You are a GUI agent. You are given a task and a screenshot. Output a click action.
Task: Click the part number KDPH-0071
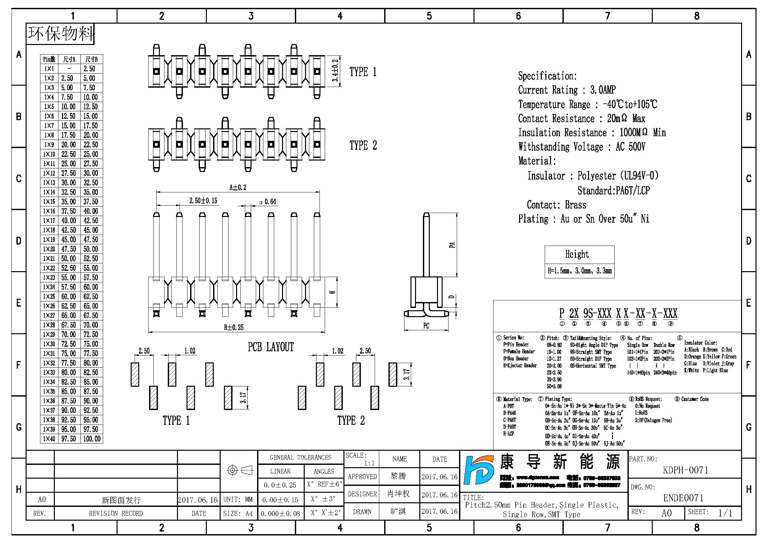(685, 470)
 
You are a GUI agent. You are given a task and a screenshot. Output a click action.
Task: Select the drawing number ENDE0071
(683, 498)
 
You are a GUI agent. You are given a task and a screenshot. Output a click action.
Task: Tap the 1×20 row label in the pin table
(49, 249)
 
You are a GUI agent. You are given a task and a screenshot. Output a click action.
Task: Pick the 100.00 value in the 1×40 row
(92, 439)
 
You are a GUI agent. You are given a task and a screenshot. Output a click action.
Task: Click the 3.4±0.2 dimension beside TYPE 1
(335, 71)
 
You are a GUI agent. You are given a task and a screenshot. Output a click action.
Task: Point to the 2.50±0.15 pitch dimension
(203, 201)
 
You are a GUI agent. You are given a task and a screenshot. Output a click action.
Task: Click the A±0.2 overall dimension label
(238, 187)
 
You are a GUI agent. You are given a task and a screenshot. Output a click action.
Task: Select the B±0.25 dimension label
(233, 327)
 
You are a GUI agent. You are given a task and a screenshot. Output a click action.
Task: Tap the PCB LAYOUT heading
(271, 347)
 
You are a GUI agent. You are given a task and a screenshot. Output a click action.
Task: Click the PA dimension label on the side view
(452, 245)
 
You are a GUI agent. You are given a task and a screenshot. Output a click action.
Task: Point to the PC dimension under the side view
(426, 326)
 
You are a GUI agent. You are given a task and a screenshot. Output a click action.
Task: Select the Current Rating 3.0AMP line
(567, 90)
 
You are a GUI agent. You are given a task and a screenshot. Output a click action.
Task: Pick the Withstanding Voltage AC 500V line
(581, 147)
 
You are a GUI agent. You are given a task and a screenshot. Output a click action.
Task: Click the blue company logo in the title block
(479, 470)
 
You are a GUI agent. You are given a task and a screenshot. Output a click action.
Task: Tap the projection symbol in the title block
(239, 470)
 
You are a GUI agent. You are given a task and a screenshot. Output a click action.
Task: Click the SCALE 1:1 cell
(361, 459)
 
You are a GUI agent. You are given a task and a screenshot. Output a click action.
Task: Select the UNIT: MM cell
(238, 500)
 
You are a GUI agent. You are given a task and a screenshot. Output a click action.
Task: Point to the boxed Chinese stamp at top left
(60, 34)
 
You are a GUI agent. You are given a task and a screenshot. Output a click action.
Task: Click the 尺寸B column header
(91, 59)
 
